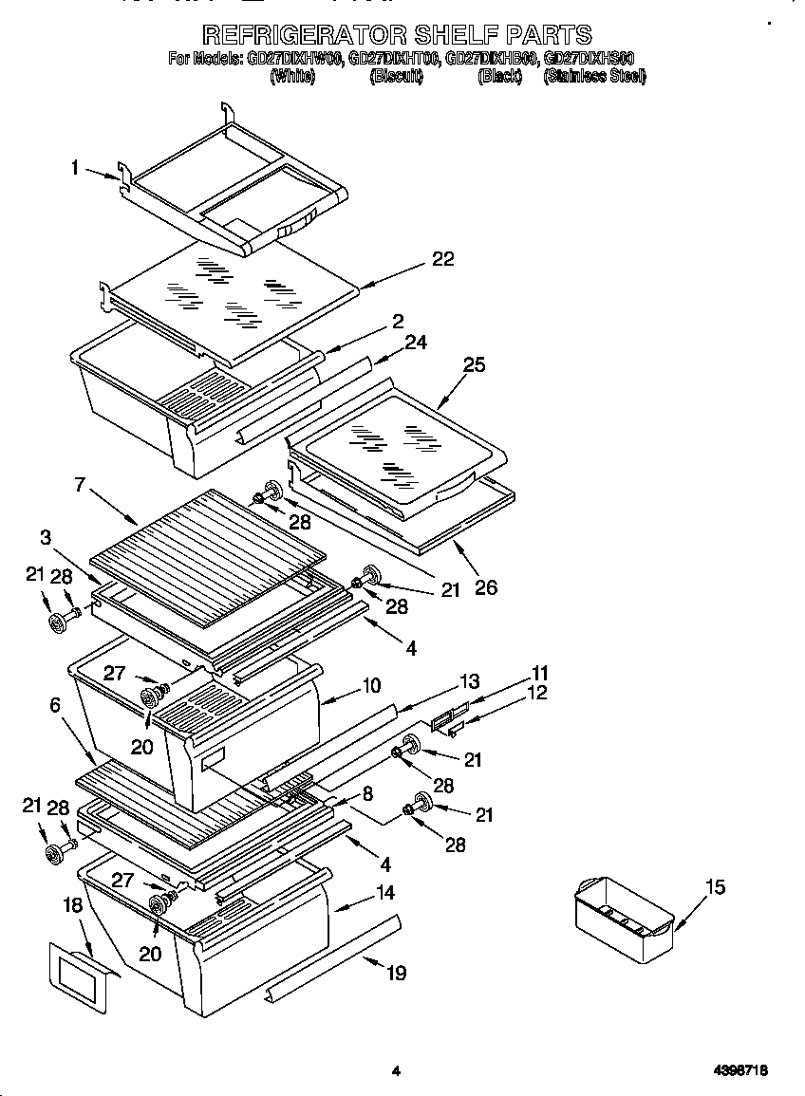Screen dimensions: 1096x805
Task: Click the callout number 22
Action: (x=442, y=259)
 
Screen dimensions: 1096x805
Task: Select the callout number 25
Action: (x=474, y=364)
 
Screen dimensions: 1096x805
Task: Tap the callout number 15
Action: (x=715, y=886)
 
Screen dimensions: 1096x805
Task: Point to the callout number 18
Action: (x=73, y=905)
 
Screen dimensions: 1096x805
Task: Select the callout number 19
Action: (x=397, y=972)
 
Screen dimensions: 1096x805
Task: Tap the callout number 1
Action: (x=74, y=168)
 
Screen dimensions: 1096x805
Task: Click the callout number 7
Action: (x=80, y=485)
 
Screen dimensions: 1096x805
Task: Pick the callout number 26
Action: (x=485, y=587)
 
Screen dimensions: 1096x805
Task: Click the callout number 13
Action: (x=469, y=680)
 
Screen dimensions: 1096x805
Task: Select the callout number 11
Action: (x=539, y=673)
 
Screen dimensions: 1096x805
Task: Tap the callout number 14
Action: (x=384, y=892)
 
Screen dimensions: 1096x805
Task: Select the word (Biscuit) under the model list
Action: (x=396, y=77)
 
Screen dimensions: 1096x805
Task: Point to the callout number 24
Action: (x=416, y=342)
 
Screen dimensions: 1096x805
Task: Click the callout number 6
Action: (x=54, y=704)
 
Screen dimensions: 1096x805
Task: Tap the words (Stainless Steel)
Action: (x=594, y=77)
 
